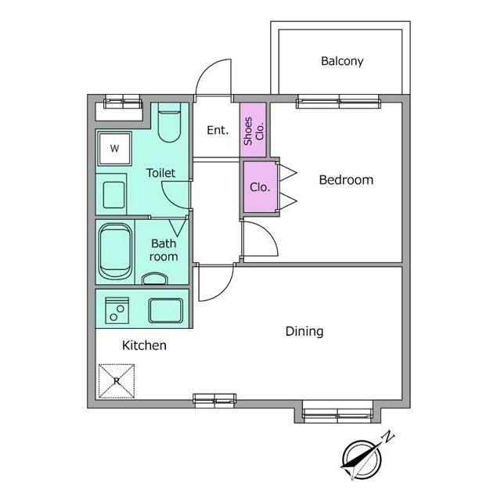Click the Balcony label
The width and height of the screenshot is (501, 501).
(x=342, y=61)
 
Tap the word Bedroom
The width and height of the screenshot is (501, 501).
(x=346, y=180)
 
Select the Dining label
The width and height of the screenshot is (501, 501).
(x=305, y=331)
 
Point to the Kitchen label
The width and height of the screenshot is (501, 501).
(x=144, y=345)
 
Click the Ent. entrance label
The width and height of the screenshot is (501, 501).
(x=218, y=130)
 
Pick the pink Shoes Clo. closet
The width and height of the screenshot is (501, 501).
(x=253, y=130)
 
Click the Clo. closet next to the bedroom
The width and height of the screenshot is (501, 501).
(x=260, y=187)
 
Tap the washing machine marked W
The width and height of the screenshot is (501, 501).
(x=115, y=148)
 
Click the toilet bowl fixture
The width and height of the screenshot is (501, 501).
(x=169, y=123)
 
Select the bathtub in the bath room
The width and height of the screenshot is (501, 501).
(x=115, y=251)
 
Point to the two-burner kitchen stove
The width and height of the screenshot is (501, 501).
(x=117, y=310)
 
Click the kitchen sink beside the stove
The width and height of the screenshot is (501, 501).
(x=165, y=310)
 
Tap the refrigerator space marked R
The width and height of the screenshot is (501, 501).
(x=117, y=381)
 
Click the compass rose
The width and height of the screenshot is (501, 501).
(x=362, y=460)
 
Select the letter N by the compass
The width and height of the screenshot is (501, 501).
(x=388, y=437)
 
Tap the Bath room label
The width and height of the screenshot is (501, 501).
(x=164, y=250)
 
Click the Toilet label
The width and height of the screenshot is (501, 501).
(x=160, y=173)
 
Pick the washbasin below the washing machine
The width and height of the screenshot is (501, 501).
(x=114, y=195)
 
